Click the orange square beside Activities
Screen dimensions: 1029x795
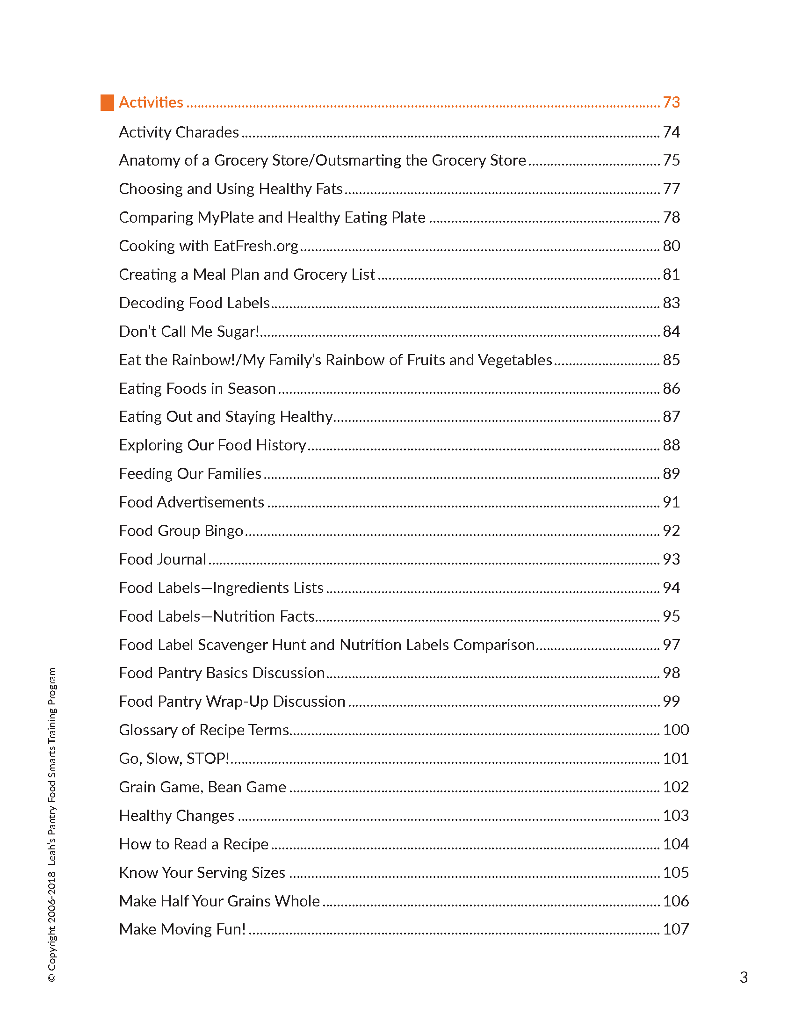(107, 103)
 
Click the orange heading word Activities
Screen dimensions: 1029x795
(151, 102)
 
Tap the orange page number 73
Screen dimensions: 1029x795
(671, 102)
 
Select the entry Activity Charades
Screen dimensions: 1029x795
(179, 132)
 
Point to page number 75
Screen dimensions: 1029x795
(671, 160)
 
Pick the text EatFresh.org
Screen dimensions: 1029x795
(256, 246)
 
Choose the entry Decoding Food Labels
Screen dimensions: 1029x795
(194, 303)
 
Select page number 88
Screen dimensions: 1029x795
(671, 445)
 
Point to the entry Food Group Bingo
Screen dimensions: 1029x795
(181, 531)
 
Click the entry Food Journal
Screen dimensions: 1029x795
(162, 559)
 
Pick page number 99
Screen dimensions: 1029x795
(671, 702)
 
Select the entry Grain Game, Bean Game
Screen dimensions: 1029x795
(202, 787)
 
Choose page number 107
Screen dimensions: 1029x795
(675, 929)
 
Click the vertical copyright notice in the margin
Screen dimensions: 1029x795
(52, 825)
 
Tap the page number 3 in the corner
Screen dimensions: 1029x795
(743, 978)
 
